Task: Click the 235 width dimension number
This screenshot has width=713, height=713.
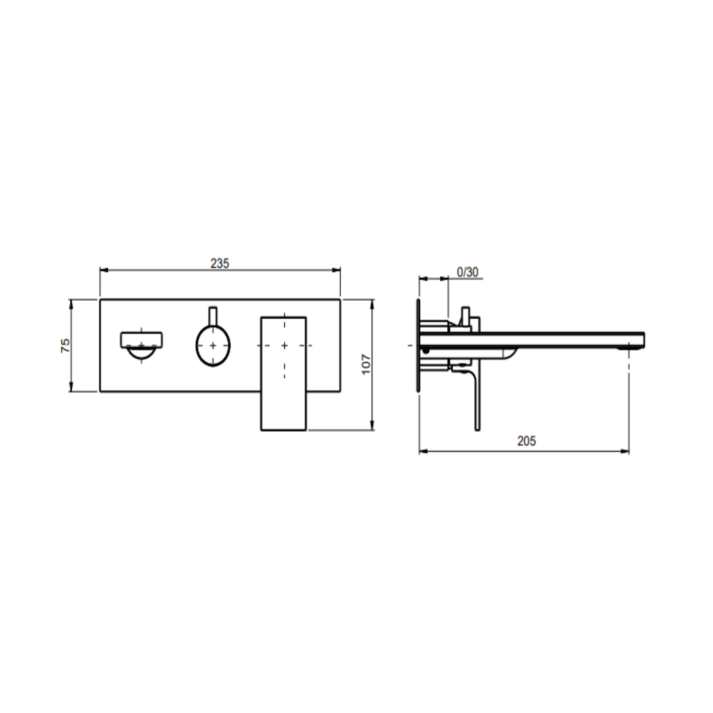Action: [219, 263]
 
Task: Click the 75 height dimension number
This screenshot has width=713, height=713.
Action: [65, 345]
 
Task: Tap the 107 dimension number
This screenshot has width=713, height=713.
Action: [366, 364]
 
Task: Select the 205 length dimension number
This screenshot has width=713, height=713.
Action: [527, 441]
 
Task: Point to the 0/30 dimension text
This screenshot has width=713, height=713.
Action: [467, 272]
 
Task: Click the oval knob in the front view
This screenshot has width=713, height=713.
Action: [213, 345]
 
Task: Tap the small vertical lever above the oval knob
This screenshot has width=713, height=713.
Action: [213, 316]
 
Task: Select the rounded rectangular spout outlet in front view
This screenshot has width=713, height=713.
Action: [141, 339]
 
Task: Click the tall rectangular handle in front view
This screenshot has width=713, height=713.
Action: [283, 373]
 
